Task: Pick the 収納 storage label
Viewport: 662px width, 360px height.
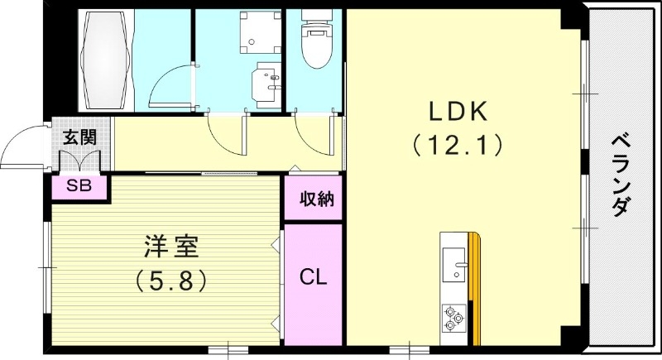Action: point(312,199)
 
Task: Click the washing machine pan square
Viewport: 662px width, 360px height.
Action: point(256,31)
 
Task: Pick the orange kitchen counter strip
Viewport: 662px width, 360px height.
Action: point(474,290)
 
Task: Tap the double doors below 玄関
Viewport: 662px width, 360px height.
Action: point(80,162)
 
